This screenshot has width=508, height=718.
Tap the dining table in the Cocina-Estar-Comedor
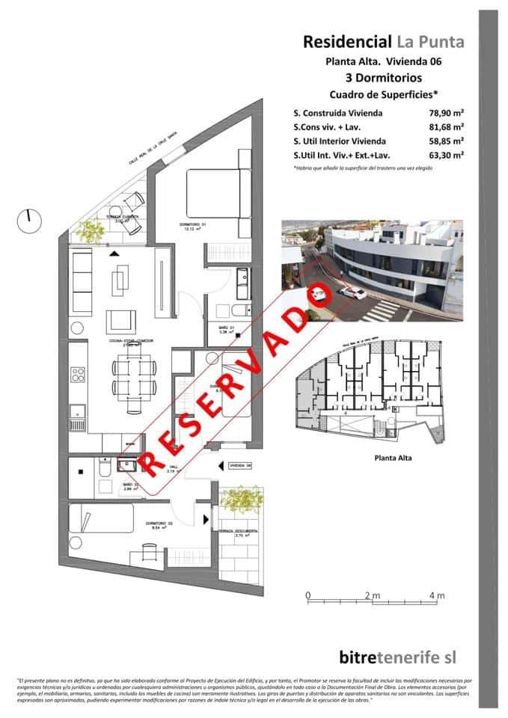135,375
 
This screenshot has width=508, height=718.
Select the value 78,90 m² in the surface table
443,113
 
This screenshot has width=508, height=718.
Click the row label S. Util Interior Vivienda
340,141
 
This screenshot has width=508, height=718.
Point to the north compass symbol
28,219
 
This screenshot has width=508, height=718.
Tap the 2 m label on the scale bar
372,595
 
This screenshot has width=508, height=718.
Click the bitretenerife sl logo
397,657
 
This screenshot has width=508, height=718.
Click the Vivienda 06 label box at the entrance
241,465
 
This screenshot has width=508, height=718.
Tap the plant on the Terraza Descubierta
240,499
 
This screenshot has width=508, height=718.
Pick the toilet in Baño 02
105,469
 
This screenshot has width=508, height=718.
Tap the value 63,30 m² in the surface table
443,155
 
